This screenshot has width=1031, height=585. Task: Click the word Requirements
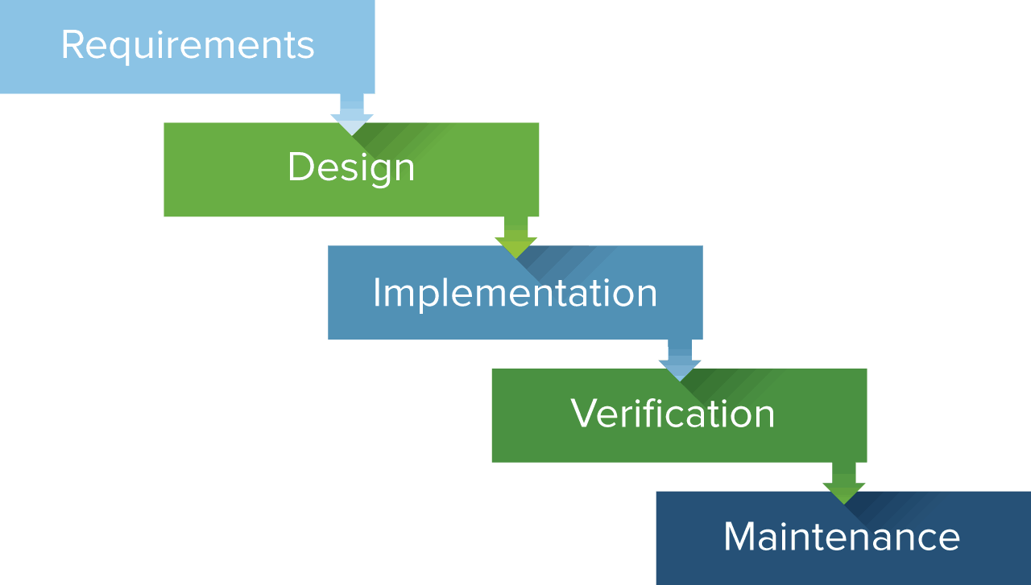188,45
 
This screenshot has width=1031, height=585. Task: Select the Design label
351,167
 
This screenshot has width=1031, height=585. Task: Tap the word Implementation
515,292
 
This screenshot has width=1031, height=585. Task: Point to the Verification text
673,414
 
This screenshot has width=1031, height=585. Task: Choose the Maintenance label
842,537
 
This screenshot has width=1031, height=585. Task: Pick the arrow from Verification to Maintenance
844,484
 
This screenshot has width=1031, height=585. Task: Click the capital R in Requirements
72,45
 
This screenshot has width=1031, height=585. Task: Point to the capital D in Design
300,167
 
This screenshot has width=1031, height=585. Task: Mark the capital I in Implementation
377,292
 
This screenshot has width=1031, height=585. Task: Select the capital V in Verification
585,414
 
